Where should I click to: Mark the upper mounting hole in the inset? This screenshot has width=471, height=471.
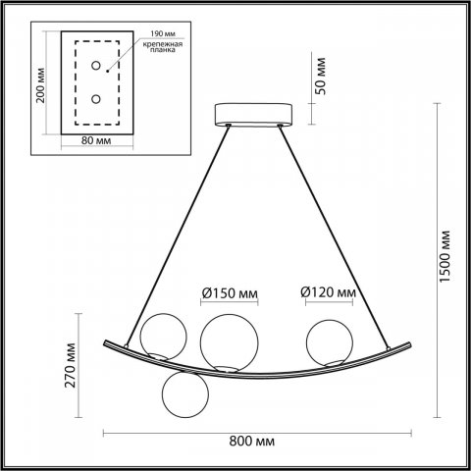(x=96, y=67)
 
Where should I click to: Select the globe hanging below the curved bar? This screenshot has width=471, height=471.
(x=184, y=397)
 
